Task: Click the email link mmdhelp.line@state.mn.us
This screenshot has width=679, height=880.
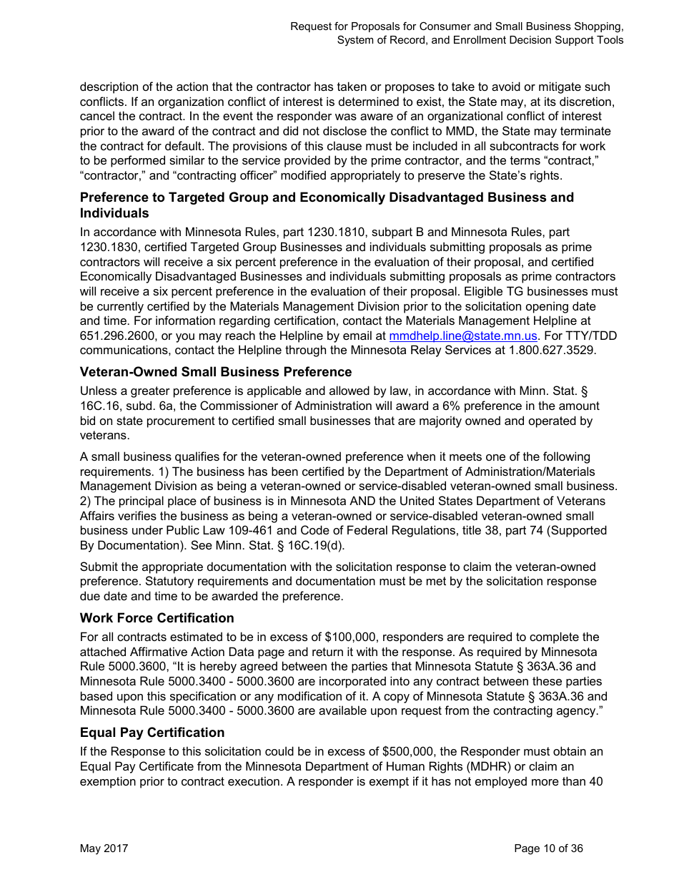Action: tap(462, 336)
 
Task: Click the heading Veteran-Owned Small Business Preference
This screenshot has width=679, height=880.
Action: tap(216, 372)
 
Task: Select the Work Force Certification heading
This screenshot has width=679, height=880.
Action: tap(157, 617)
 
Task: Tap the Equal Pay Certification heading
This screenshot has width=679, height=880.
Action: tap(152, 732)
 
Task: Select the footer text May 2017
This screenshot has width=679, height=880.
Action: tap(104, 849)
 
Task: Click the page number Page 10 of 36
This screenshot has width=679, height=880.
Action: tap(548, 849)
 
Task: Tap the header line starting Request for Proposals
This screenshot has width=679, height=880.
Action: tap(457, 26)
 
